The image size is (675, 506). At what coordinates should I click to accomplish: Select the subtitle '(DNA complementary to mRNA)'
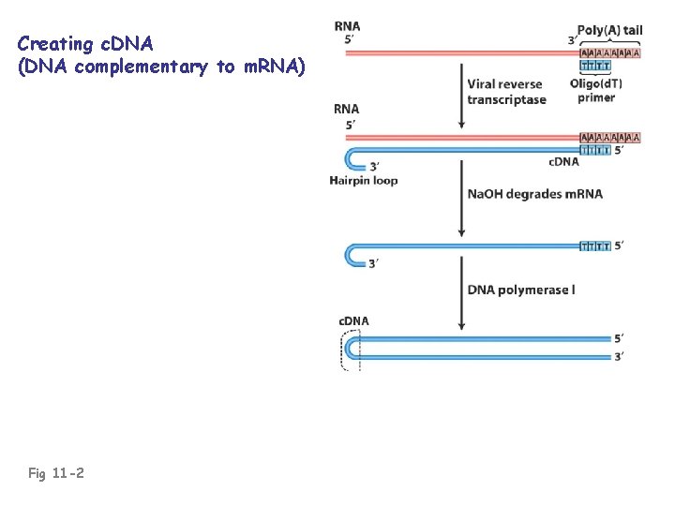161,66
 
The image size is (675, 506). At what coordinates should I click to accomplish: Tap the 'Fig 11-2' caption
56,473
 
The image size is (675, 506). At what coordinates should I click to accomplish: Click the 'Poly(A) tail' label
610,29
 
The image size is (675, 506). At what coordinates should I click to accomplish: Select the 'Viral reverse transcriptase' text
506,92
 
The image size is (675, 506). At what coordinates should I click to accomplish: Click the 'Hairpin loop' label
364,180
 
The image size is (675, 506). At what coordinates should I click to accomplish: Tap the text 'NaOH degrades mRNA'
534,194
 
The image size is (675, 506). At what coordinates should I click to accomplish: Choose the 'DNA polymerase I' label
521,290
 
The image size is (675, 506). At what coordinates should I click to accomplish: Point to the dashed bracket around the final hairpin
344,349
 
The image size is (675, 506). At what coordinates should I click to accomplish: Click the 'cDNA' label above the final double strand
353,321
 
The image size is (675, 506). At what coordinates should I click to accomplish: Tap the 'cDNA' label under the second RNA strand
563,161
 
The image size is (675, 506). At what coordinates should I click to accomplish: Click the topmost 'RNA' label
347,26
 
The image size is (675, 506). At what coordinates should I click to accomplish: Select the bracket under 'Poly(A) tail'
610,43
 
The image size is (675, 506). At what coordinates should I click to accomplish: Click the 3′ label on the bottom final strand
620,356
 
